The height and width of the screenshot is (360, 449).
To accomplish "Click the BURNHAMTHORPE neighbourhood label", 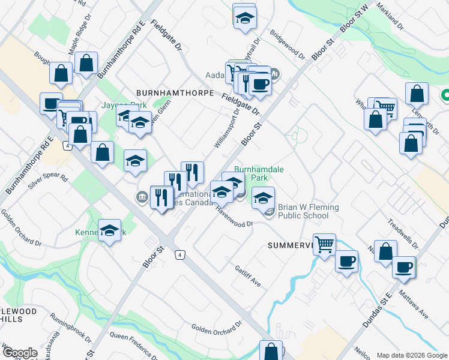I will click(x=175, y=94).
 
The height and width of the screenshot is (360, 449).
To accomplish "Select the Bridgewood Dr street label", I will click(x=288, y=44).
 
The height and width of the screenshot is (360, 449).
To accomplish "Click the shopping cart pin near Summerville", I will click(x=324, y=244).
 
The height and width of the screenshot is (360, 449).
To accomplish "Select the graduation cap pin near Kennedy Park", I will click(x=109, y=230).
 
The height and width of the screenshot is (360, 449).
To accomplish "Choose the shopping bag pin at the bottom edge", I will click(x=271, y=350).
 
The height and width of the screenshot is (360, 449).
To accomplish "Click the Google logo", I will click(x=20, y=353).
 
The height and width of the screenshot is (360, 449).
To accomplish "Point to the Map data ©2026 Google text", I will click(x=411, y=355).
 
